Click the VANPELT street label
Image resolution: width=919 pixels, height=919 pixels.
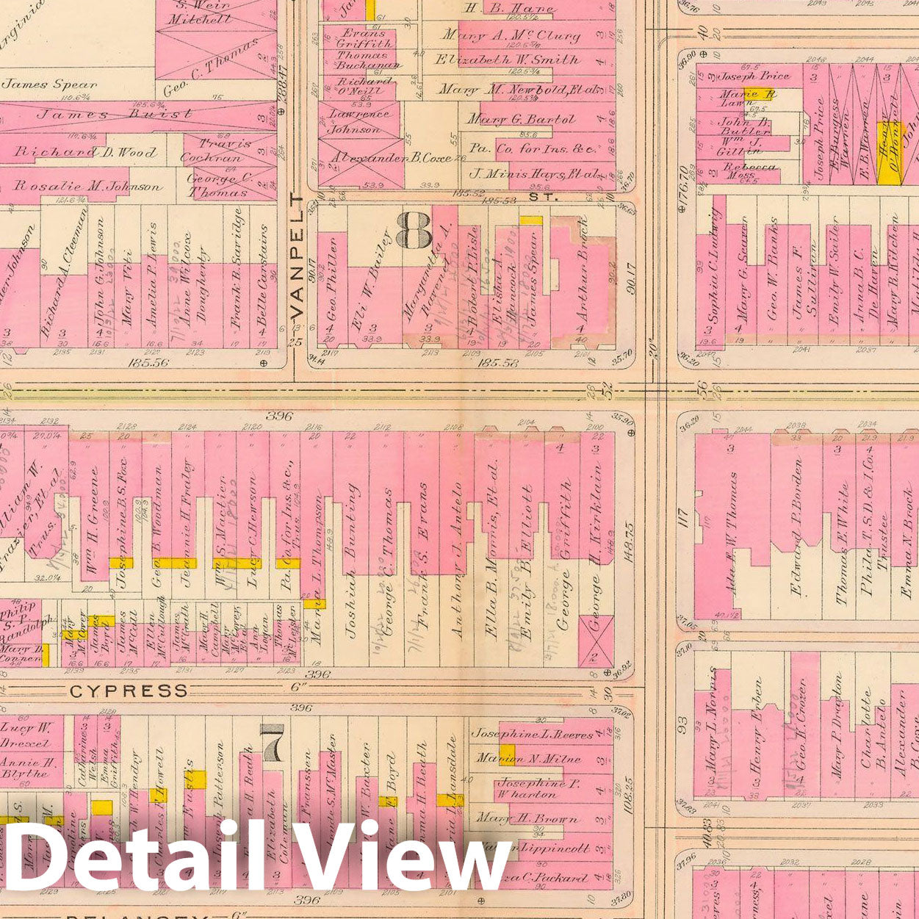point(298,256)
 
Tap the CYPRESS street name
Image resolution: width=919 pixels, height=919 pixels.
point(129,691)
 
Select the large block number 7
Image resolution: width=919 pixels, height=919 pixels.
point(272,743)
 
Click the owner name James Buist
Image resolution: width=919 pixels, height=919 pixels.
point(115,114)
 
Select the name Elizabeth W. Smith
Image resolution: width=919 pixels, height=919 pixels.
point(507,60)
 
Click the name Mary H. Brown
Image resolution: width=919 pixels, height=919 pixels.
point(526,818)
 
